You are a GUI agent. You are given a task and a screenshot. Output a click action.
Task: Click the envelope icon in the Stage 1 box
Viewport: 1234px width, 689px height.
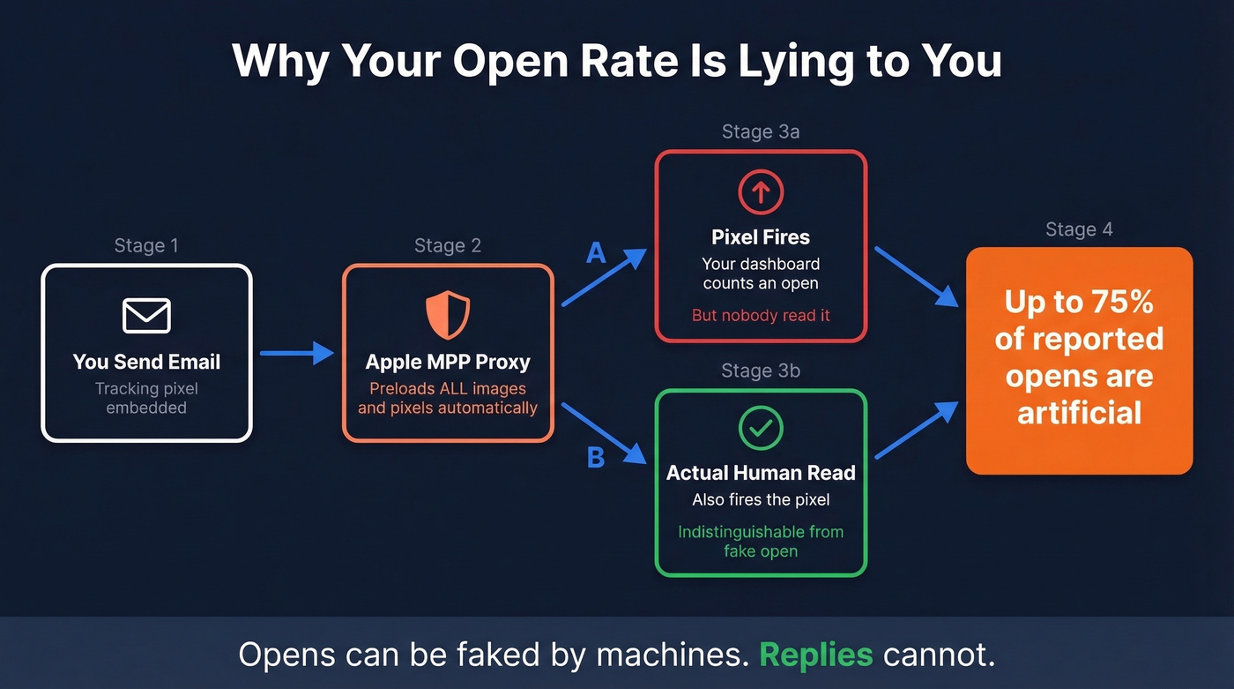click(146, 316)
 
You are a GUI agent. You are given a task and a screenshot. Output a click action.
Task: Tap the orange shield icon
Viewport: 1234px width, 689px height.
click(448, 315)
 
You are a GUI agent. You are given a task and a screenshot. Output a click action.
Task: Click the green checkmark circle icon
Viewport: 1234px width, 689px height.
click(761, 429)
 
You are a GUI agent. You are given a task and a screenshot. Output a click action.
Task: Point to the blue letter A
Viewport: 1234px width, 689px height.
click(597, 254)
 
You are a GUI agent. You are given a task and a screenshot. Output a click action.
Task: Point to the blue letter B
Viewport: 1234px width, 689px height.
click(596, 458)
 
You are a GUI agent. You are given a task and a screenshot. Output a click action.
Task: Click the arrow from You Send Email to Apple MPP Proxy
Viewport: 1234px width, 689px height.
click(297, 354)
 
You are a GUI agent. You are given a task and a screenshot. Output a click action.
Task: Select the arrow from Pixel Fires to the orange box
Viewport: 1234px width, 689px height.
click(917, 276)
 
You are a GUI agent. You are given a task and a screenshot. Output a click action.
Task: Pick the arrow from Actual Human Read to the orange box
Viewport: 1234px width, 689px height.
click(917, 431)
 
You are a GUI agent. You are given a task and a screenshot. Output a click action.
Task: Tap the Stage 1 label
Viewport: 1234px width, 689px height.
click(146, 245)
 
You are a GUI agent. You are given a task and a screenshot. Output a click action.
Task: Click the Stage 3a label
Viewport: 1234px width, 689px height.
click(761, 131)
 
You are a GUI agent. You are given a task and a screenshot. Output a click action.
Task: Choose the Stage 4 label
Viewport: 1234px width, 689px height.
click(1079, 229)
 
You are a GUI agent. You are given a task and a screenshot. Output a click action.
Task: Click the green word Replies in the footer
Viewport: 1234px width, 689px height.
click(816, 655)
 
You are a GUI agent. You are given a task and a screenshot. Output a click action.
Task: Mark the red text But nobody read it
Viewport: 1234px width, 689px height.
click(761, 315)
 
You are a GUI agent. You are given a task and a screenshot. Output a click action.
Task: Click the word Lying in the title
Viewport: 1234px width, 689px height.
click(805, 61)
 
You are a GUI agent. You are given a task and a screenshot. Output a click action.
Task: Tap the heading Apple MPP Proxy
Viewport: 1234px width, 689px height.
click(448, 362)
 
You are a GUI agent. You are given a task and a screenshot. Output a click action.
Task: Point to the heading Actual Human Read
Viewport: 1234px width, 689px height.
click(761, 473)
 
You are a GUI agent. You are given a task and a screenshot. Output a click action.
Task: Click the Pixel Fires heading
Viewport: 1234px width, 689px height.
click(761, 236)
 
